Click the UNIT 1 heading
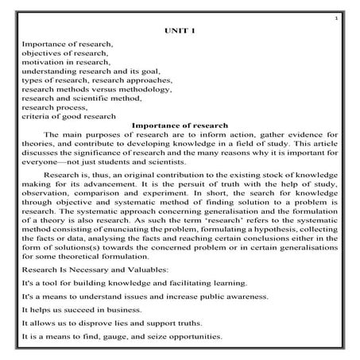(x=179, y=30)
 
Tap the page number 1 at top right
(x=337, y=16)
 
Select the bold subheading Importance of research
(x=179, y=125)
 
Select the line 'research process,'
(x=52, y=114)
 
